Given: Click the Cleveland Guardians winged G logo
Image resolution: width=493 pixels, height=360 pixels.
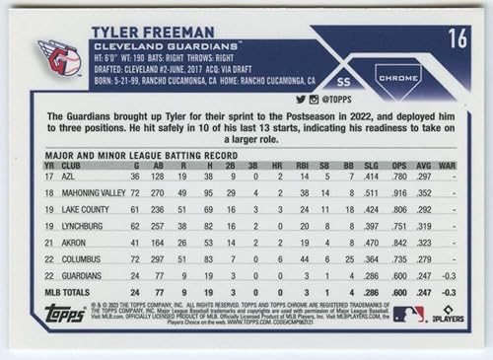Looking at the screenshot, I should tap(59, 58).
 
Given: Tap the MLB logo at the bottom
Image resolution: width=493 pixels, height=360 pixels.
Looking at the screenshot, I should tap(408, 314).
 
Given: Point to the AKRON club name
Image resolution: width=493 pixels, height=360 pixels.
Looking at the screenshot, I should tap(76, 243).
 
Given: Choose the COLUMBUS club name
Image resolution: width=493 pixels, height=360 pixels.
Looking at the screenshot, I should tap(83, 259).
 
